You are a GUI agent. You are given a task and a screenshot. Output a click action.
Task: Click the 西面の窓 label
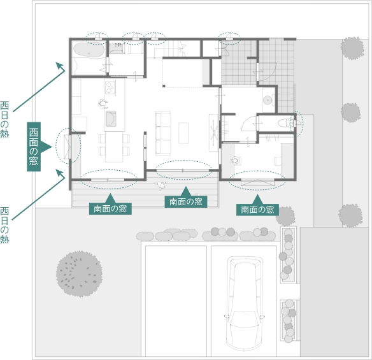point(34,147)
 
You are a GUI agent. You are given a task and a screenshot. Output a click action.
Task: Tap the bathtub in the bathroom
point(89,50)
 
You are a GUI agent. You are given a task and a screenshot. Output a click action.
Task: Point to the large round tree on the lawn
point(79,273)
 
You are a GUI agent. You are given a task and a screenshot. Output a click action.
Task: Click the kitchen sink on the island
point(111,119)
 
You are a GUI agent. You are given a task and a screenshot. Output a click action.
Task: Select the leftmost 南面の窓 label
point(110,209)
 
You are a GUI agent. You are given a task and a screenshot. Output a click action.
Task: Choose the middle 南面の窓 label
point(186,202)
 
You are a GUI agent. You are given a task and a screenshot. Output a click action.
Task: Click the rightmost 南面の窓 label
point(257,210)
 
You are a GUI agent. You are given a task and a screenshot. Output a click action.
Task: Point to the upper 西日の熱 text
point(4,119)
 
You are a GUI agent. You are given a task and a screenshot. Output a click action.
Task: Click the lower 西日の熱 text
point(4,225)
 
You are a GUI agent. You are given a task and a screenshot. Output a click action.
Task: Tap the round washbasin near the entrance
point(268,99)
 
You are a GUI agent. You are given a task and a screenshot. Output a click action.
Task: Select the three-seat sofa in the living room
point(163,133)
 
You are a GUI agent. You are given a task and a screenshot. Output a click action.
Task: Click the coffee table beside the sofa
point(183,133)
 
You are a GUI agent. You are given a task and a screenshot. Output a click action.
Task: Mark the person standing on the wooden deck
point(161,185)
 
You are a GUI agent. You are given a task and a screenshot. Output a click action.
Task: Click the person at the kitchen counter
point(103,104)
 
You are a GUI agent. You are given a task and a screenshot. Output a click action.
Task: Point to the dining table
point(114,147)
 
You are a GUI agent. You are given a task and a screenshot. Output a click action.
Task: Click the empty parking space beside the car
point(176,301)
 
